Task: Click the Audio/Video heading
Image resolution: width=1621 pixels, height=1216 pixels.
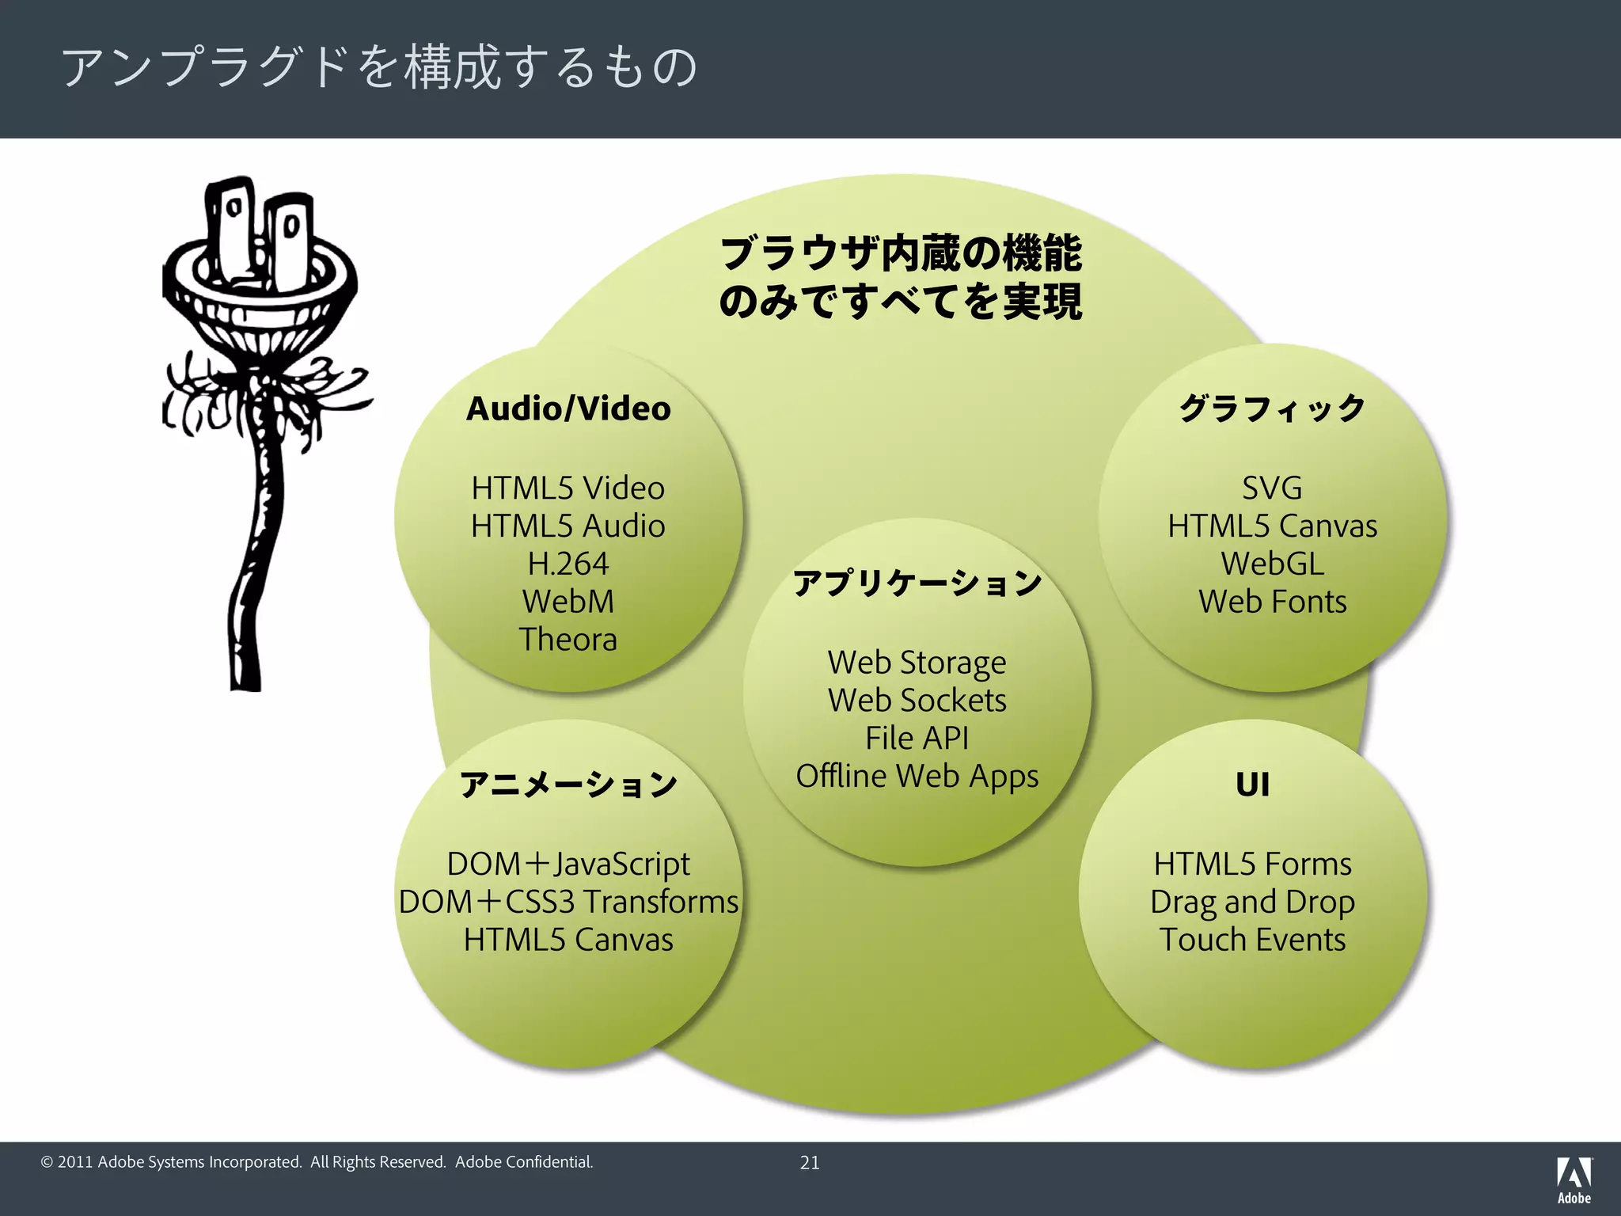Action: pyautogui.click(x=568, y=409)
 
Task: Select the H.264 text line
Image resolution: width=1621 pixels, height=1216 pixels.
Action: pyautogui.click(x=568, y=564)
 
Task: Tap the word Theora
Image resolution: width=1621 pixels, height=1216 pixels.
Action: pyautogui.click(x=568, y=640)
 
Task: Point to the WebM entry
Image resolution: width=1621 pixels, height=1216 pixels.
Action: pyautogui.click(x=568, y=602)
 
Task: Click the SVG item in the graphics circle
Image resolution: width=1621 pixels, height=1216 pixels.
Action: pyautogui.click(x=1272, y=488)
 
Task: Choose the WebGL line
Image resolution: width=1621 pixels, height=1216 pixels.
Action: pyautogui.click(x=1272, y=564)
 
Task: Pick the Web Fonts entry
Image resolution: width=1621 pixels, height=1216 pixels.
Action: pyautogui.click(x=1272, y=602)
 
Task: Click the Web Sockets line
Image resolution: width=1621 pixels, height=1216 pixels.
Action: pyautogui.click(x=917, y=701)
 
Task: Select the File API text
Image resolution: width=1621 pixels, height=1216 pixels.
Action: pyautogui.click(x=917, y=739)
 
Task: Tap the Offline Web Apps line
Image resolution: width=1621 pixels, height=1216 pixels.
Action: pyautogui.click(x=917, y=777)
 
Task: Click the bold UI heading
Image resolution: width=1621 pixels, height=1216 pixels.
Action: pyautogui.click(x=1252, y=785)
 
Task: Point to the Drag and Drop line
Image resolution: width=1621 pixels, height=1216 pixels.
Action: pyautogui.click(x=1252, y=902)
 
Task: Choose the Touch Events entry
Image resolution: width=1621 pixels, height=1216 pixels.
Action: pyautogui.click(x=1252, y=940)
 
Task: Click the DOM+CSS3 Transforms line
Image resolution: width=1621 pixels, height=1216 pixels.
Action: pyautogui.click(x=568, y=902)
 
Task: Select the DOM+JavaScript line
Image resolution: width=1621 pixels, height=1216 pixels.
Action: pyautogui.click(x=568, y=864)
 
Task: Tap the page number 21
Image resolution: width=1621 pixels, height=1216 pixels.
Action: pyautogui.click(x=810, y=1162)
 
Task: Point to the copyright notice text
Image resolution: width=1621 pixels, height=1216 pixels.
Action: pyautogui.click(x=317, y=1162)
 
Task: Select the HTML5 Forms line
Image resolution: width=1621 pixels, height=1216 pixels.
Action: pyautogui.click(x=1252, y=864)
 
